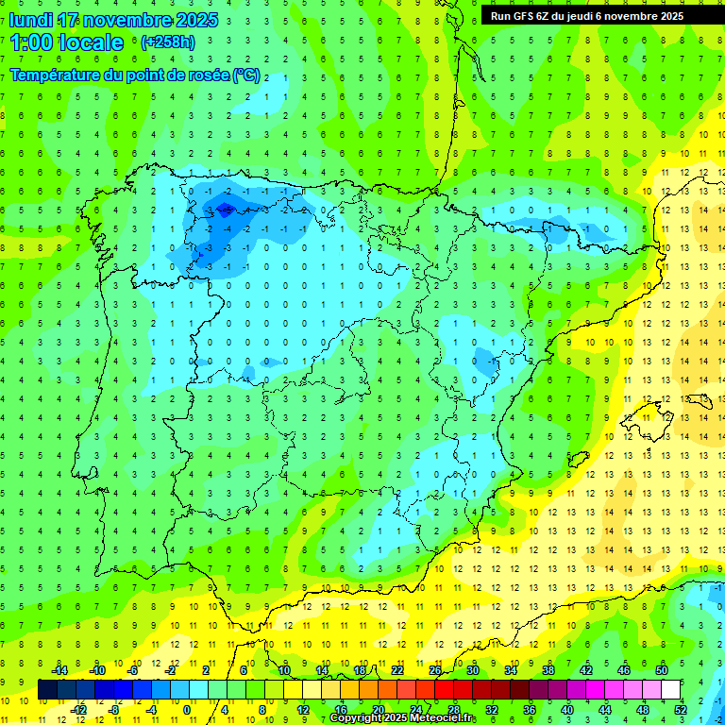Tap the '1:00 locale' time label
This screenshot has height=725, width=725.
coord(67,42)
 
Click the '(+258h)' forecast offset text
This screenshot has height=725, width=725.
coord(167,42)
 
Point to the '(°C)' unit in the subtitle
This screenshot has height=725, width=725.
coord(246,75)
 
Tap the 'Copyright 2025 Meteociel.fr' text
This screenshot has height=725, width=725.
coord(403,718)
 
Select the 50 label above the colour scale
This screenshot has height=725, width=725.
coord(662,669)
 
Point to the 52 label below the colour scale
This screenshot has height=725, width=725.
coord(681,710)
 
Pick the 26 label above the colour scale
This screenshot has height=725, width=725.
coord(435,669)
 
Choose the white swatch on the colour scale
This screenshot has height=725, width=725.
coord(671,690)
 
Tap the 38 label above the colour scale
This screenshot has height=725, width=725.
coord(548,669)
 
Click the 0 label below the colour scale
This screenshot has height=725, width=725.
coord(187,710)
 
